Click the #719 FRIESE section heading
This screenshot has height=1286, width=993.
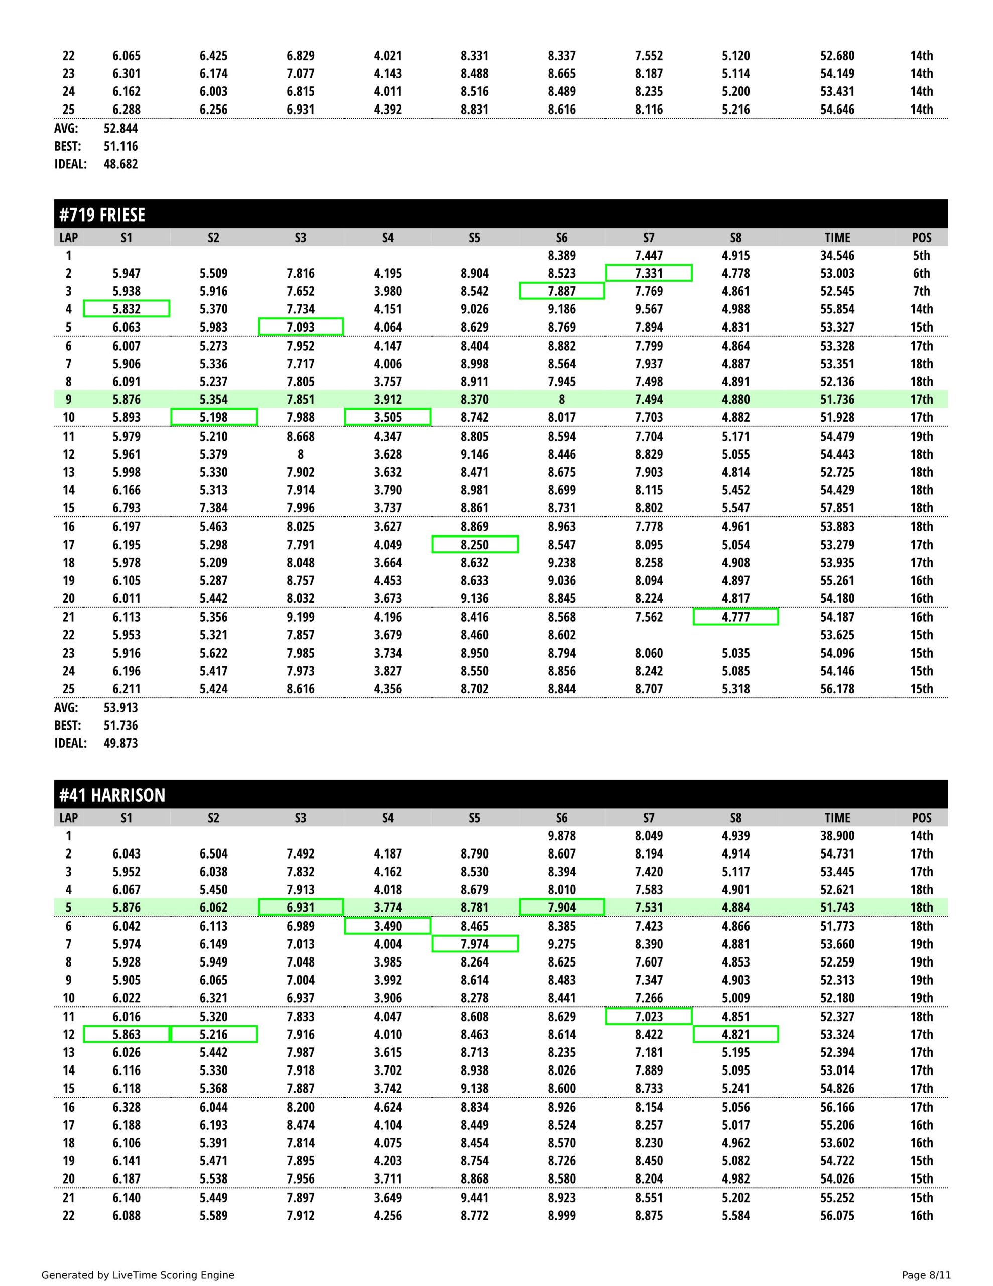[x=102, y=215]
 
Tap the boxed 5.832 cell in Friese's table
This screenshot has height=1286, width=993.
[x=127, y=309]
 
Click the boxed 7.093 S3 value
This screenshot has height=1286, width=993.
[x=301, y=327]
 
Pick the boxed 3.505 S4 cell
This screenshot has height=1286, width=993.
[x=388, y=417]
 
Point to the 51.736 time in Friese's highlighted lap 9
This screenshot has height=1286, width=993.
[x=837, y=400]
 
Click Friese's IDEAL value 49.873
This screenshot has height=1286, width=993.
[x=120, y=743]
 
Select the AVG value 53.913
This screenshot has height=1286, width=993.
[x=120, y=708]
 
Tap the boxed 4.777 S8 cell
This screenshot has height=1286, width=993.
[x=736, y=617]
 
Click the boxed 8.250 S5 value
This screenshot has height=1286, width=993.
[x=474, y=545]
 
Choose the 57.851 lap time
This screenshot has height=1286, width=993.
[x=837, y=508]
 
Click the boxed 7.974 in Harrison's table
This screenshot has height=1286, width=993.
[x=474, y=944]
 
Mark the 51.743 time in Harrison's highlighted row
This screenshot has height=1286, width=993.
[x=837, y=908]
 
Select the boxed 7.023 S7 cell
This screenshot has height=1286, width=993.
[x=649, y=1017]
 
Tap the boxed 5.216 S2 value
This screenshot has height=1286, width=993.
[x=214, y=1034]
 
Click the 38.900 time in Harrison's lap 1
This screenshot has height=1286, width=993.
[x=837, y=836]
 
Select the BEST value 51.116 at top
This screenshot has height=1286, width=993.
[x=120, y=147]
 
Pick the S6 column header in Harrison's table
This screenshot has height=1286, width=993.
[x=562, y=818]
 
